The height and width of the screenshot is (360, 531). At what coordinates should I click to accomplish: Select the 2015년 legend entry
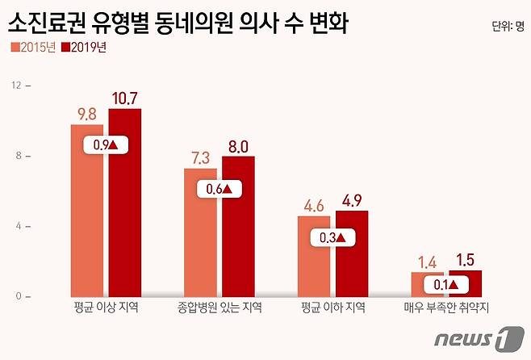tap(33, 48)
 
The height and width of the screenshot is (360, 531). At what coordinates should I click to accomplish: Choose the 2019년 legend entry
tap(85, 48)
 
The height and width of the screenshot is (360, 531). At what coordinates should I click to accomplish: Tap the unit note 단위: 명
tap(508, 25)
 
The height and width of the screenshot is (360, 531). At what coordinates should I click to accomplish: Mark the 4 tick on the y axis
tap(16, 226)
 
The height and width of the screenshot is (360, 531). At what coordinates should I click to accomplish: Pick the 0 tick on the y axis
tap(16, 296)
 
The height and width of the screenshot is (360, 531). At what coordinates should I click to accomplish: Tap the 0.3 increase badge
tap(332, 238)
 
